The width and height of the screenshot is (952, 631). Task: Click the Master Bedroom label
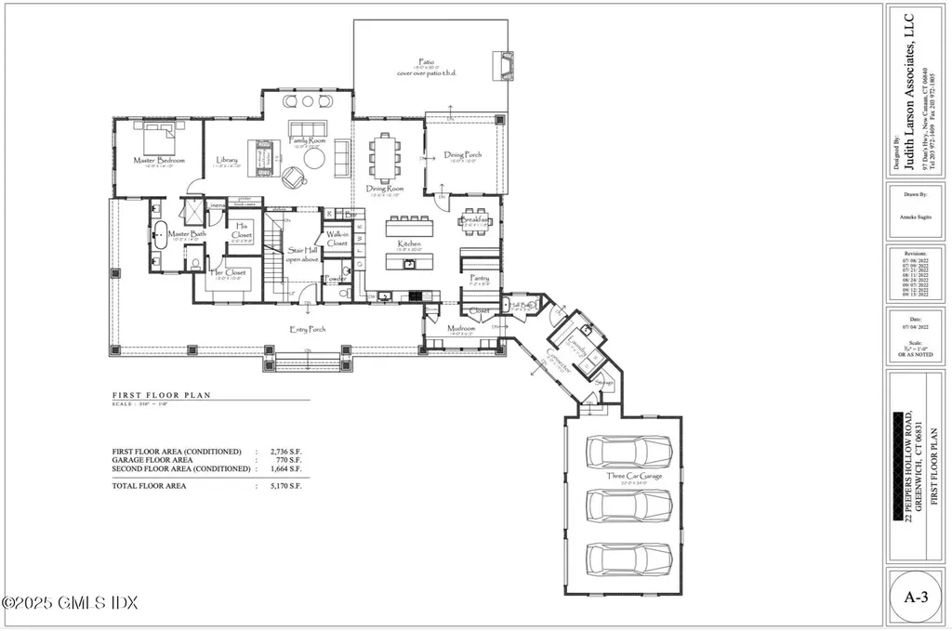159,161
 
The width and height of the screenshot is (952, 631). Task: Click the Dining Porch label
462,154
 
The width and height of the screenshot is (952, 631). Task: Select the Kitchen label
409,244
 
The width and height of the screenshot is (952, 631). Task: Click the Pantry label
480,278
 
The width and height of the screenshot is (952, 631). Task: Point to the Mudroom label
462,328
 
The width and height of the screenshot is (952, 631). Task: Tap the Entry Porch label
308,329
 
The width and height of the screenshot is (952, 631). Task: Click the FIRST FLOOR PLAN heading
162,395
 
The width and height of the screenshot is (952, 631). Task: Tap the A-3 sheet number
916,598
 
